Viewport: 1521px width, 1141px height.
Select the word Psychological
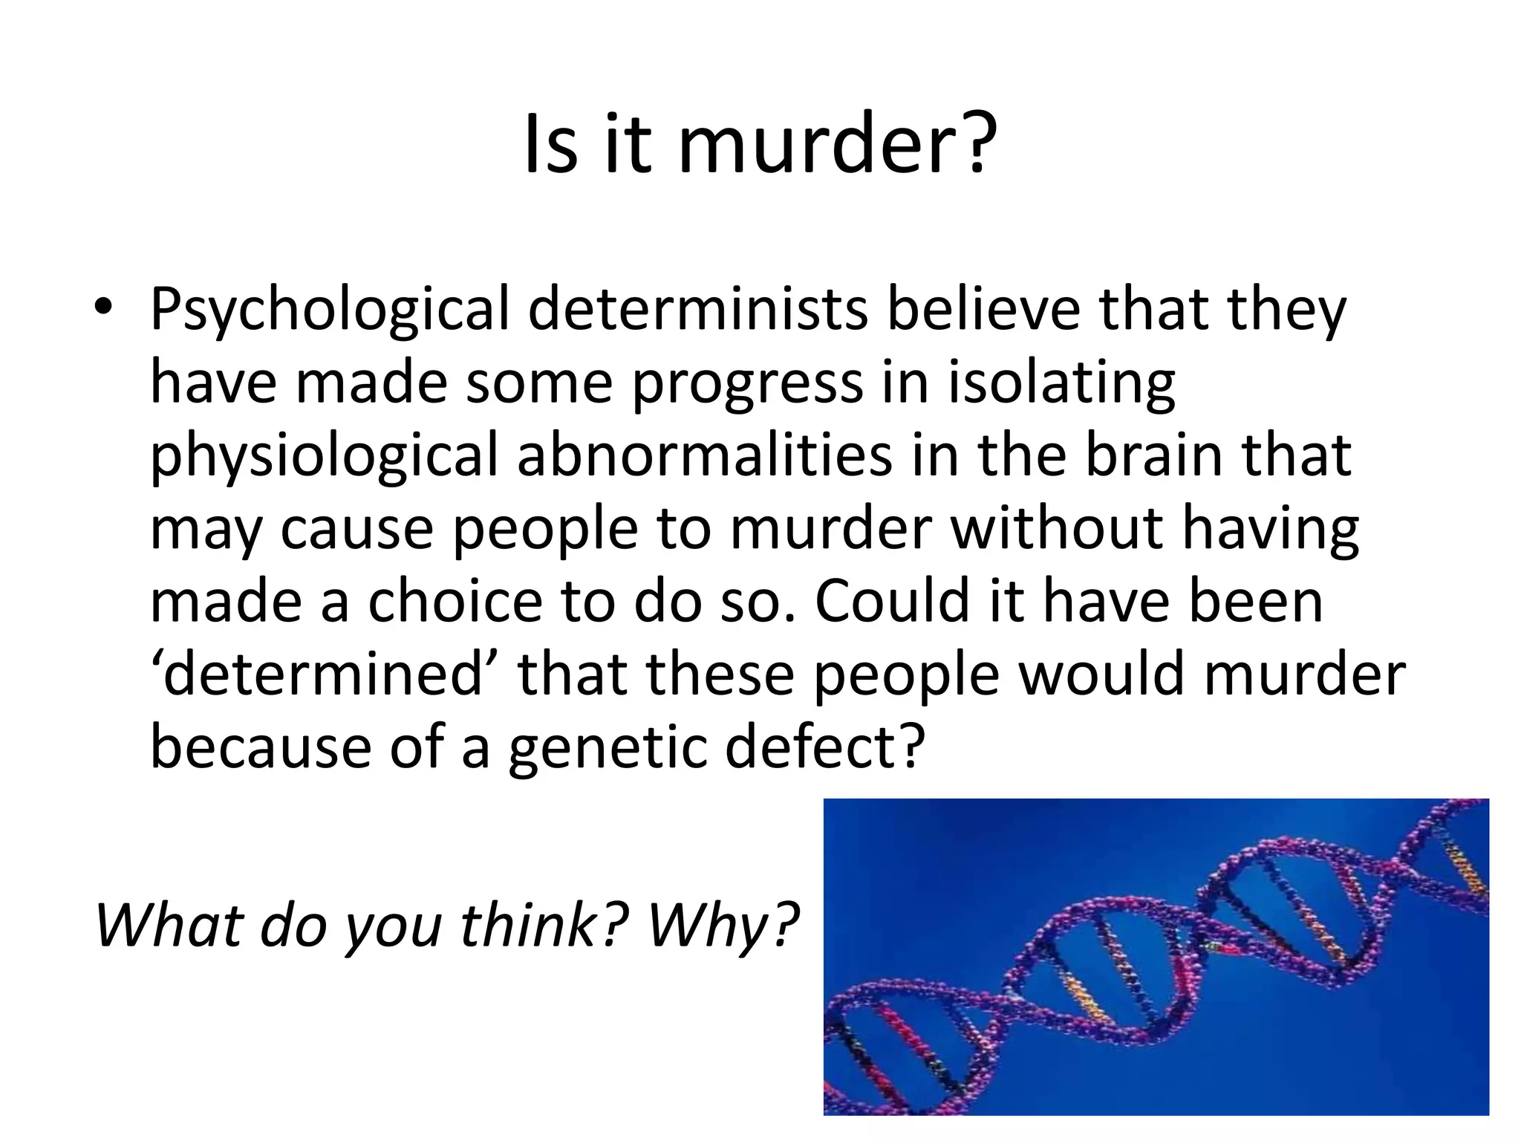(x=329, y=311)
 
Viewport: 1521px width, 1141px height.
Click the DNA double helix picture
(x=1156, y=956)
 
